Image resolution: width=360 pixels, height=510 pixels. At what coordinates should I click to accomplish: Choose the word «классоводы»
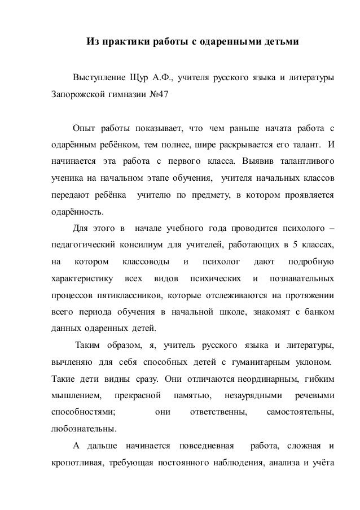click(143, 262)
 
